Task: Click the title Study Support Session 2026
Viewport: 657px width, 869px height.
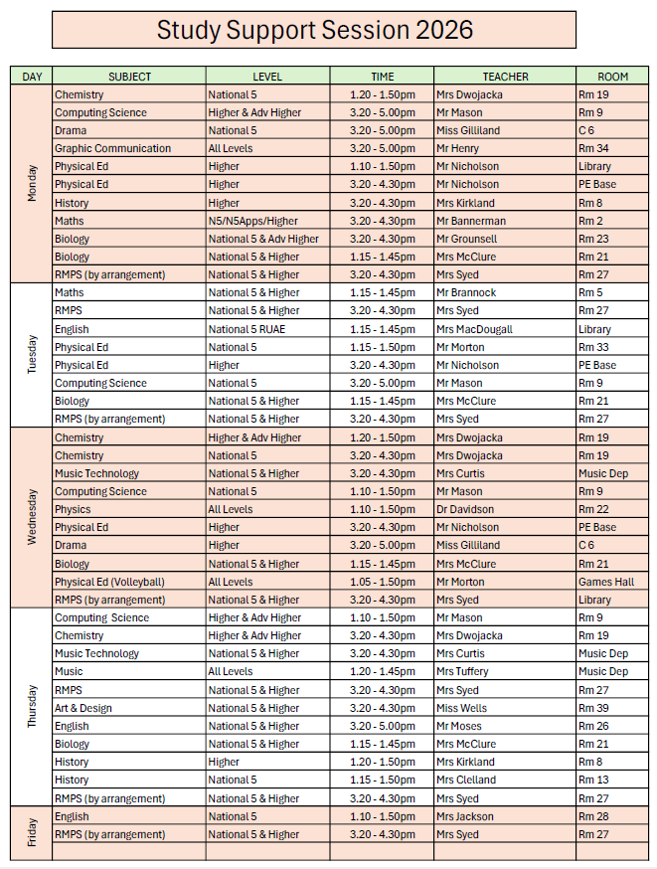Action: click(314, 30)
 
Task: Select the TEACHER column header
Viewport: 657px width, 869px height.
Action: click(505, 77)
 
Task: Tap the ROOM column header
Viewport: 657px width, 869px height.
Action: click(612, 77)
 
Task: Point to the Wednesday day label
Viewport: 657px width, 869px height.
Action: click(32, 517)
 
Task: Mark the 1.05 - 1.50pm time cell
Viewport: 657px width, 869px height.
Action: click(383, 582)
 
